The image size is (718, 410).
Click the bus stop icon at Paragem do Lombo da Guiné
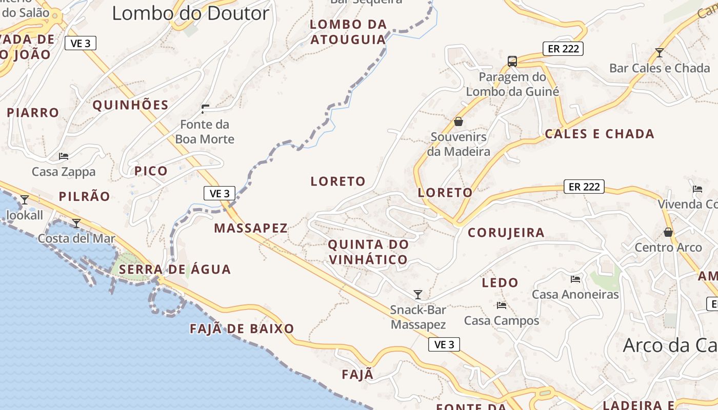512,61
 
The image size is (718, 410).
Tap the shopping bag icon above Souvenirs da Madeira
458,121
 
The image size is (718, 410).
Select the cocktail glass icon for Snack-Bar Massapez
418,294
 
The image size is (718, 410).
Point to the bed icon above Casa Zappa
64,156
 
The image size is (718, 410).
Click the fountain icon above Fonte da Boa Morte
205,109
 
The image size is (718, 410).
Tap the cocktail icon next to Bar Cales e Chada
660,52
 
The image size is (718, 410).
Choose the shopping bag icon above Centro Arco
668,232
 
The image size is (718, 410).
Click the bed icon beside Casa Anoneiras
575,279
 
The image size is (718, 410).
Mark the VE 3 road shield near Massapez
220,193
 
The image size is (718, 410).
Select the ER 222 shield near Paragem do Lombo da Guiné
563,49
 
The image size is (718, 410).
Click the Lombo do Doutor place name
190,13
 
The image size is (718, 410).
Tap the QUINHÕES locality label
130,105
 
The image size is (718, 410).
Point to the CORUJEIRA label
506,233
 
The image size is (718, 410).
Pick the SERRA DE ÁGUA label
175,269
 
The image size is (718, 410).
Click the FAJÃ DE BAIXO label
242,329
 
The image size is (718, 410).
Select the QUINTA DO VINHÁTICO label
368,252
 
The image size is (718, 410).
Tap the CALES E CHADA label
599,134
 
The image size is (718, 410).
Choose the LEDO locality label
500,282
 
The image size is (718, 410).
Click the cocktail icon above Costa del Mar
76,223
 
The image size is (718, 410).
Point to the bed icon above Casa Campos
502,305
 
